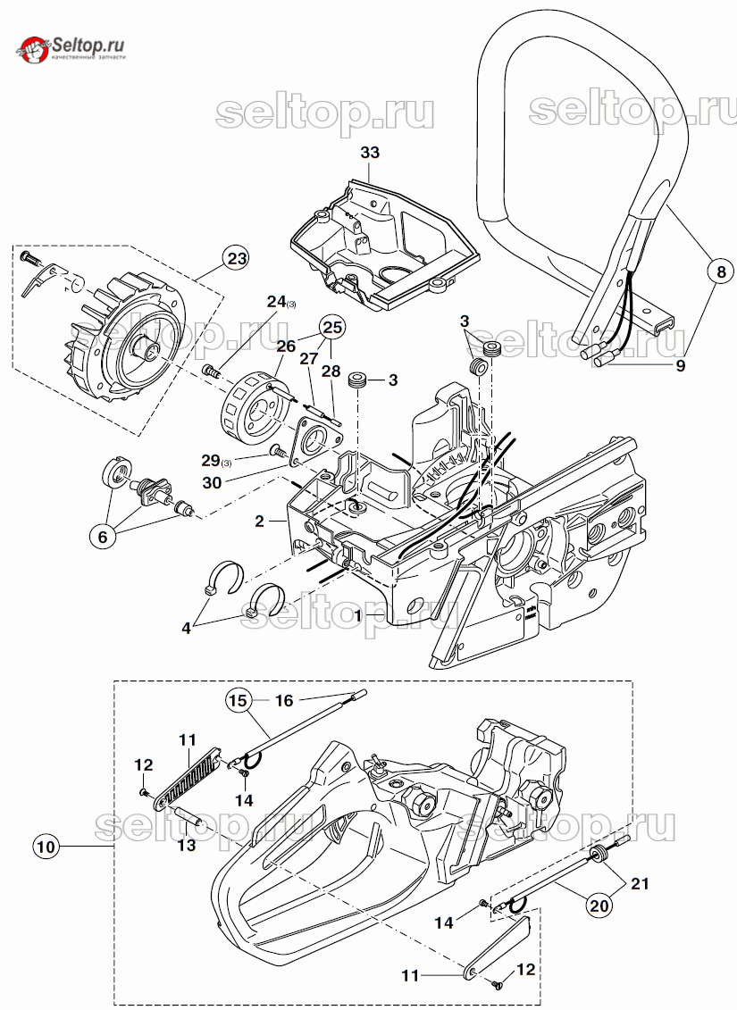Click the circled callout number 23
[x=237, y=259]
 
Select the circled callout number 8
[x=721, y=271]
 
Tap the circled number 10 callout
[x=46, y=846]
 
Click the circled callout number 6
[x=103, y=538]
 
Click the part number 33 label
[x=369, y=153]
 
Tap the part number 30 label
[x=212, y=482]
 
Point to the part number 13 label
[x=187, y=845]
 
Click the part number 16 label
[x=284, y=701]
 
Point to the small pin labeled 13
[x=188, y=813]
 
